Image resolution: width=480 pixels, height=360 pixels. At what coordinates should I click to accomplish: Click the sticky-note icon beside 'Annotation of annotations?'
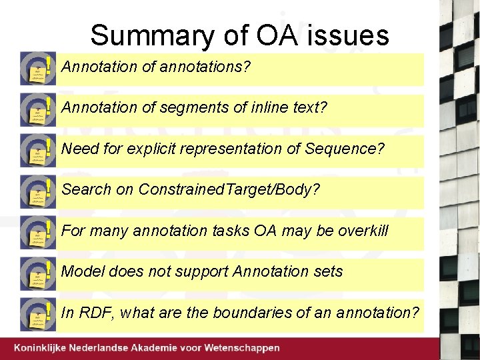point(37,68)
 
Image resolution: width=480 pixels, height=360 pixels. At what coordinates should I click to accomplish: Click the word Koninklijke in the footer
point(45,348)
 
